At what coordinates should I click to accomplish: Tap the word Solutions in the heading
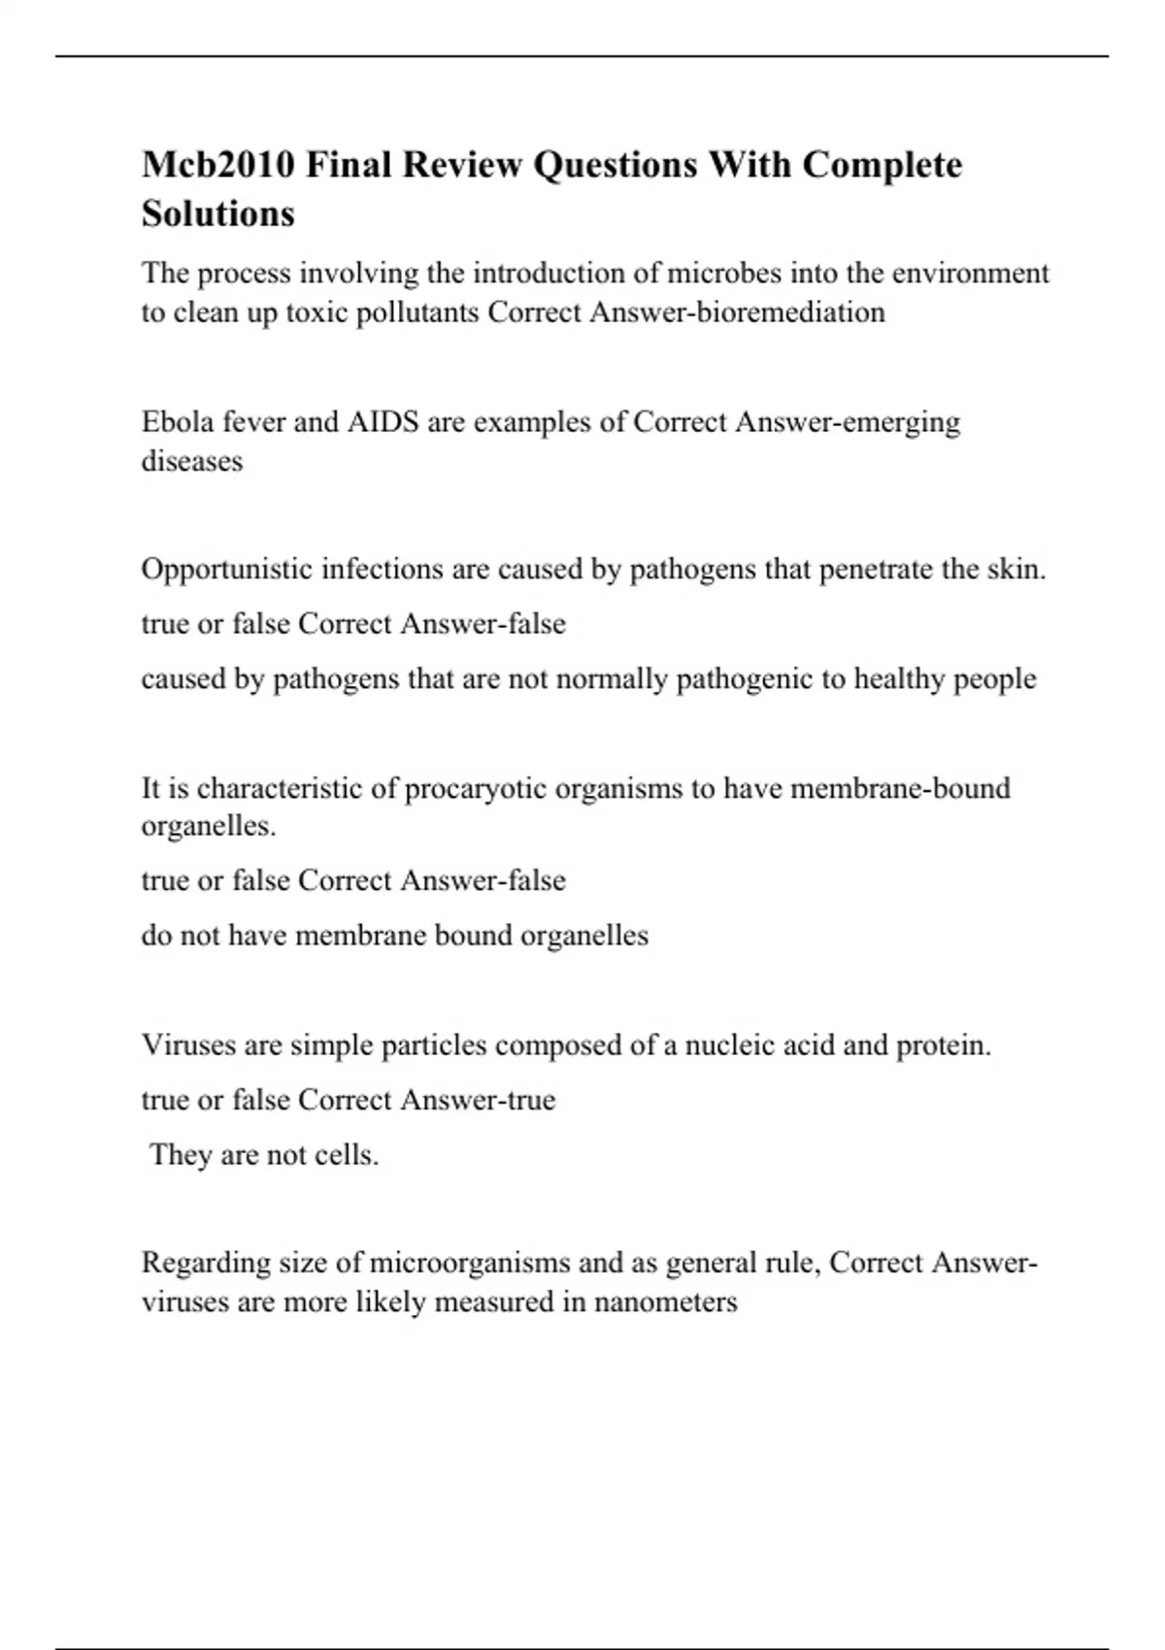(218, 214)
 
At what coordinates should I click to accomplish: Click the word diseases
(192, 461)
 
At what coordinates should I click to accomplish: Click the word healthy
(898, 678)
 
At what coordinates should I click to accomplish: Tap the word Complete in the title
(882, 165)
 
